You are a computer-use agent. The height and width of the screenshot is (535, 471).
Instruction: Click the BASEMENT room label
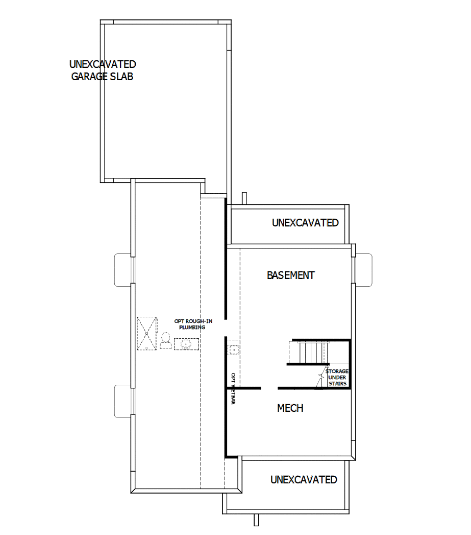(x=290, y=275)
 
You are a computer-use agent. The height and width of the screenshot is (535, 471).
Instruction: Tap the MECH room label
(x=290, y=408)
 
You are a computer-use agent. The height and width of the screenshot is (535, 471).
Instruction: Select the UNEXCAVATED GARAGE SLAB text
(x=102, y=71)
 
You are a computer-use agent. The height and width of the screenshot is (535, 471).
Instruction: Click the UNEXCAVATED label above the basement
(x=305, y=223)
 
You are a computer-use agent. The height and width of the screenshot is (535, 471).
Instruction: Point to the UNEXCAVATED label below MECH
(x=304, y=480)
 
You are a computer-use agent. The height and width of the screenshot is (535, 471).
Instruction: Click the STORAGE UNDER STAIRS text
(x=337, y=377)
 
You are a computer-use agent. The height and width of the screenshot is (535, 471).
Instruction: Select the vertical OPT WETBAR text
(x=233, y=389)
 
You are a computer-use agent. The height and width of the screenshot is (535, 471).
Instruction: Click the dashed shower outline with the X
(x=147, y=333)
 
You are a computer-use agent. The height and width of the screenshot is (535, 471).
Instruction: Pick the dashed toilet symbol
(x=165, y=341)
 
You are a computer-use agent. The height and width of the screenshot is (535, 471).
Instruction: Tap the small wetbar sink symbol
(x=233, y=350)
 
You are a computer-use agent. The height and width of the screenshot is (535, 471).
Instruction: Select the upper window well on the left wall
(x=123, y=269)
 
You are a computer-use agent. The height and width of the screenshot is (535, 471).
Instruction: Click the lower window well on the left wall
(x=123, y=401)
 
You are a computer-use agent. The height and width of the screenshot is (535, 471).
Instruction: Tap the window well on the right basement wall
(x=363, y=269)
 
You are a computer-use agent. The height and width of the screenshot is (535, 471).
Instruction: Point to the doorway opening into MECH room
(x=269, y=388)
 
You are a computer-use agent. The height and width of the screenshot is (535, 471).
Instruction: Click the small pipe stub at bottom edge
(x=256, y=519)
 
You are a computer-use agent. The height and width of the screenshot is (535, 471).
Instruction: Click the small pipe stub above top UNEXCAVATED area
(x=245, y=198)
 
